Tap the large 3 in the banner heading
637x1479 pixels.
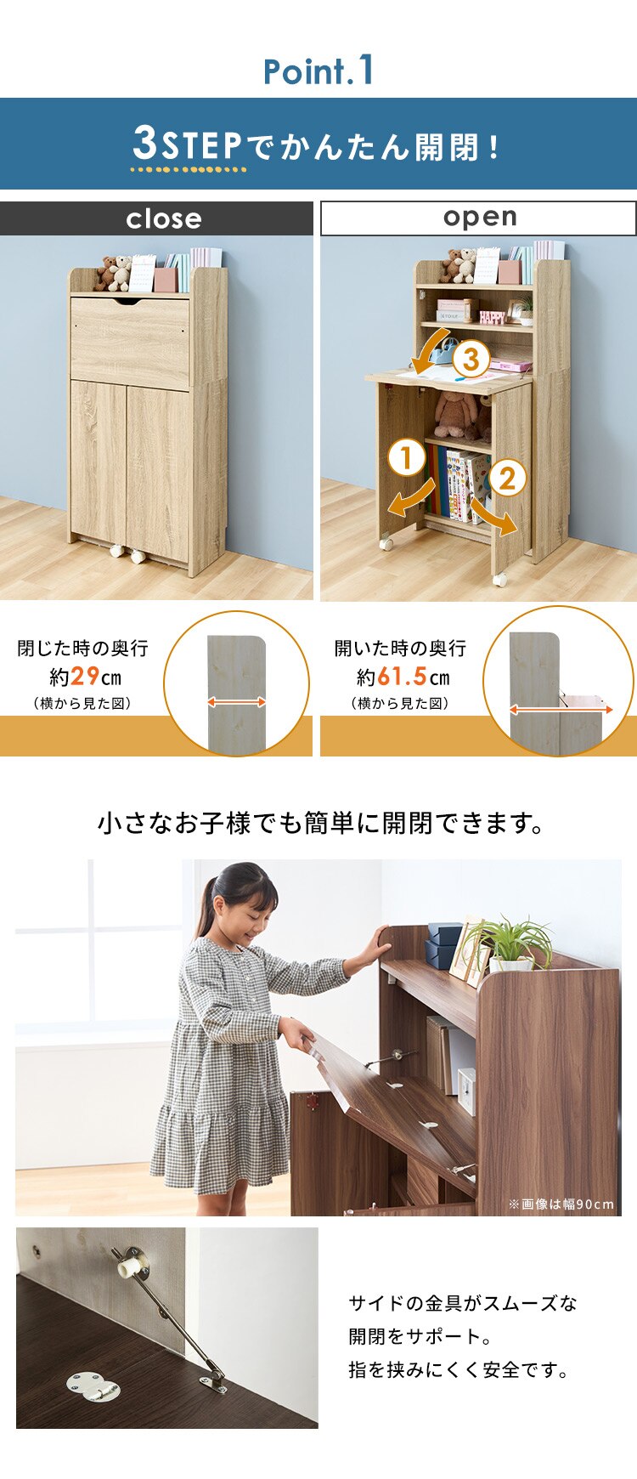144,143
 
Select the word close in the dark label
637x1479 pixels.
164,219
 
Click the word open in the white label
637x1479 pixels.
480,217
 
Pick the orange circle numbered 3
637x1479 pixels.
471,359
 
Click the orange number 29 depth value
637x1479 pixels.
85,677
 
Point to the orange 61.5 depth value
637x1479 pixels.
402,677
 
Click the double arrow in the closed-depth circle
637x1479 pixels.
237,702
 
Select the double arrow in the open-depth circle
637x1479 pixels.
561,708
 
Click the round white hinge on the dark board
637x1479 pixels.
92,1388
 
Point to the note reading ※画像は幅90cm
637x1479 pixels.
561,1204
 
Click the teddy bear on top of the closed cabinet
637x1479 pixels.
112,271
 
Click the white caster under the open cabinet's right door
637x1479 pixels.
500,579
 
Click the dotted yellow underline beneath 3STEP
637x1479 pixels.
188,169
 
